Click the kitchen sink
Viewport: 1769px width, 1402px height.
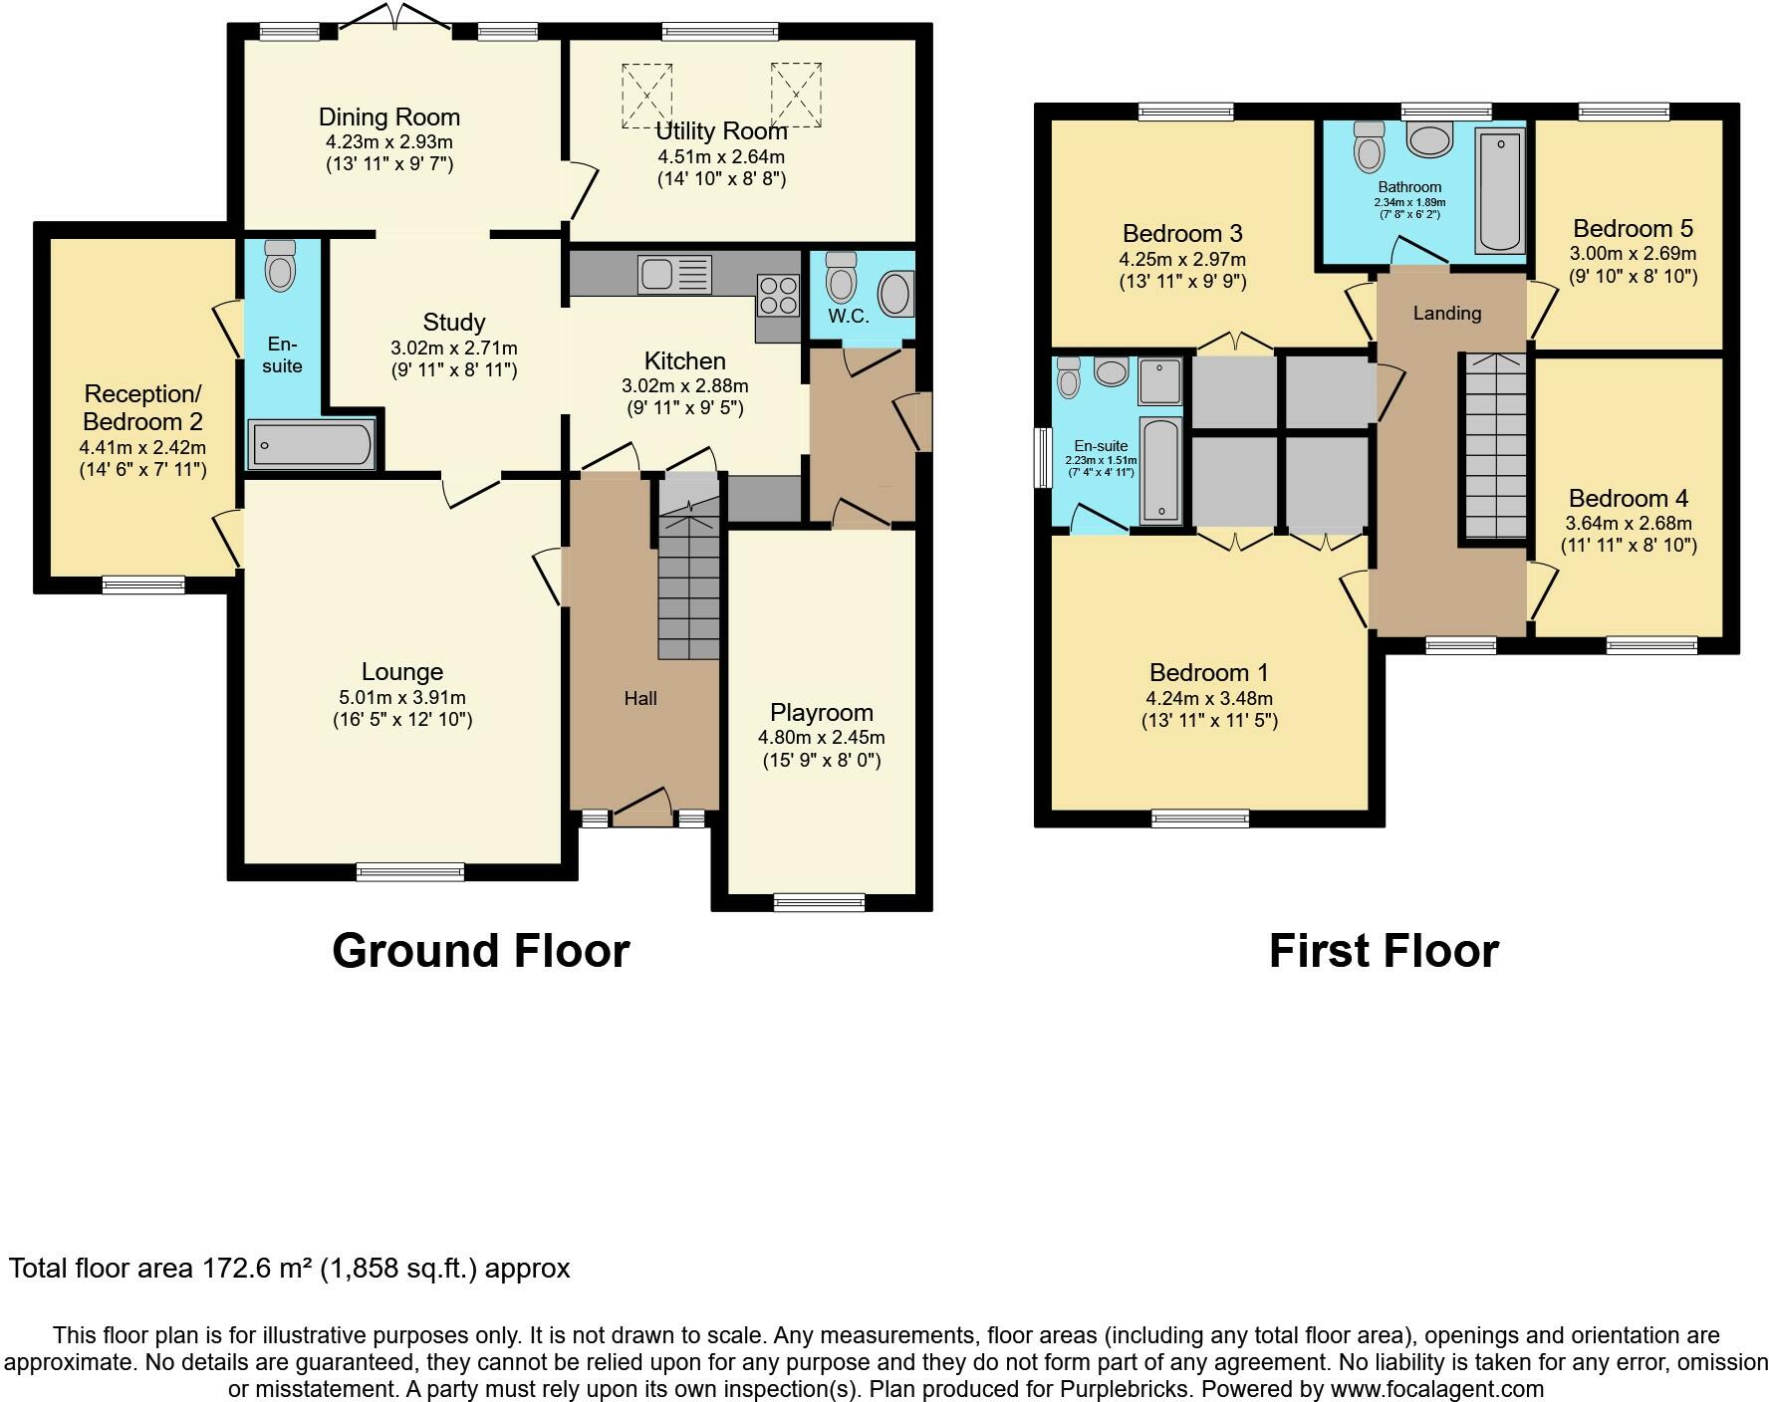(675, 275)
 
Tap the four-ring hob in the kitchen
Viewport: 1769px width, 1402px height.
(779, 295)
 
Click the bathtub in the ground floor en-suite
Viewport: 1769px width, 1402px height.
(313, 444)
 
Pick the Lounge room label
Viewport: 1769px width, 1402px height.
(402, 672)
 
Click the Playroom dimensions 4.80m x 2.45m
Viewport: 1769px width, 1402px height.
(822, 738)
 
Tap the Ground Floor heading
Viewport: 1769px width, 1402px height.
(481, 951)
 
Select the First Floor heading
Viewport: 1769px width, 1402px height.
(1384, 951)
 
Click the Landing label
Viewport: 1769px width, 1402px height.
(1447, 313)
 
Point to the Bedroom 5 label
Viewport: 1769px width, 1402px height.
(1634, 228)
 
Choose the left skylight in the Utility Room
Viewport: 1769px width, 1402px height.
(647, 96)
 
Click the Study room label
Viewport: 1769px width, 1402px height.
(454, 322)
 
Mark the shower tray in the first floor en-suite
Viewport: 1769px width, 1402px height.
(1160, 381)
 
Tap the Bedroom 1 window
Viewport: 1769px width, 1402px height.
(1200, 818)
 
